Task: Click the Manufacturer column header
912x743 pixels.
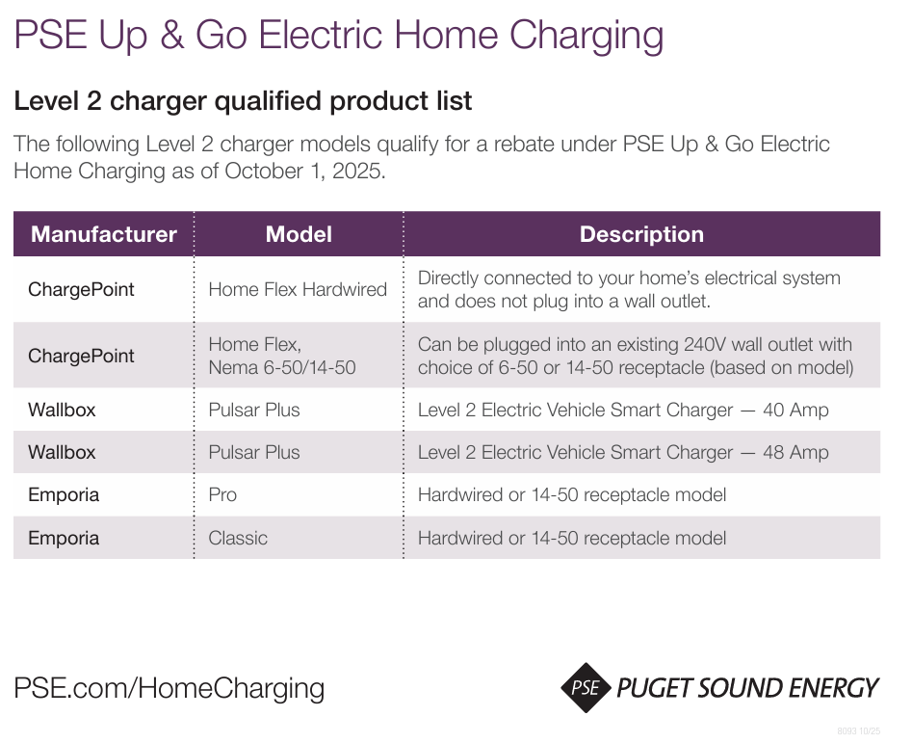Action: pyautogui.click(x=104, y=234)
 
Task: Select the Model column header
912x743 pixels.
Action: pyautogui.click(x=299, y=234)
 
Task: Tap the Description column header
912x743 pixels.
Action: pyautogui.click(x=641, y=234)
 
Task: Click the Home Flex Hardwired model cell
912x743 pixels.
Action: pyautogui.click(x=298, y=289)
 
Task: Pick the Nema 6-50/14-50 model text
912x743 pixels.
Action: pyautogui.click(x=282, y=367)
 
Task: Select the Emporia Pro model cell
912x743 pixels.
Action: pyautogui.click(x=222, y=494)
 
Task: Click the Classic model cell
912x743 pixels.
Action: pyautogui.click(x=238, y=538)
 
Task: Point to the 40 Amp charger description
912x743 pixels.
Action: pyautogui.click(x=623, y=410)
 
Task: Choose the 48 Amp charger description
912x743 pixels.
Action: pyautogui.click(x=623, y=452)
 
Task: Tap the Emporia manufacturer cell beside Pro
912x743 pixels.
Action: pyautogui.click(x=64, y=494)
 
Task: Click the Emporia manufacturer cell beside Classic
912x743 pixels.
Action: pyautogui.click(x=64, y=538)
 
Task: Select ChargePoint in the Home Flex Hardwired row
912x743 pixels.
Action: pyautogui.click(x=81, y=289)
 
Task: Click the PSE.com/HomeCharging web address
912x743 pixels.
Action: pyautogui.click(x=169, y=688)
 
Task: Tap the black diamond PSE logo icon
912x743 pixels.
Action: pyautogui.click(x=586, y=688)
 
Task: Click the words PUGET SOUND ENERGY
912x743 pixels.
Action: pyautogui.click(x=747, y=688)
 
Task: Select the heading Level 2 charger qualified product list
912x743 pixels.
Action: pyautogui.click(x=243, y=100)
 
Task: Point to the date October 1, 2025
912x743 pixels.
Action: pyautogui.click(x=304, y=172)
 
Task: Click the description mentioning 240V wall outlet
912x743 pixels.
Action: pyautogui.click(x=635, y=356)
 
